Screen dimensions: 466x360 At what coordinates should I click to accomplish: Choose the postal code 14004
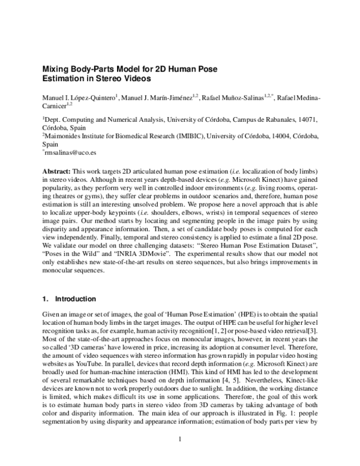281,136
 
